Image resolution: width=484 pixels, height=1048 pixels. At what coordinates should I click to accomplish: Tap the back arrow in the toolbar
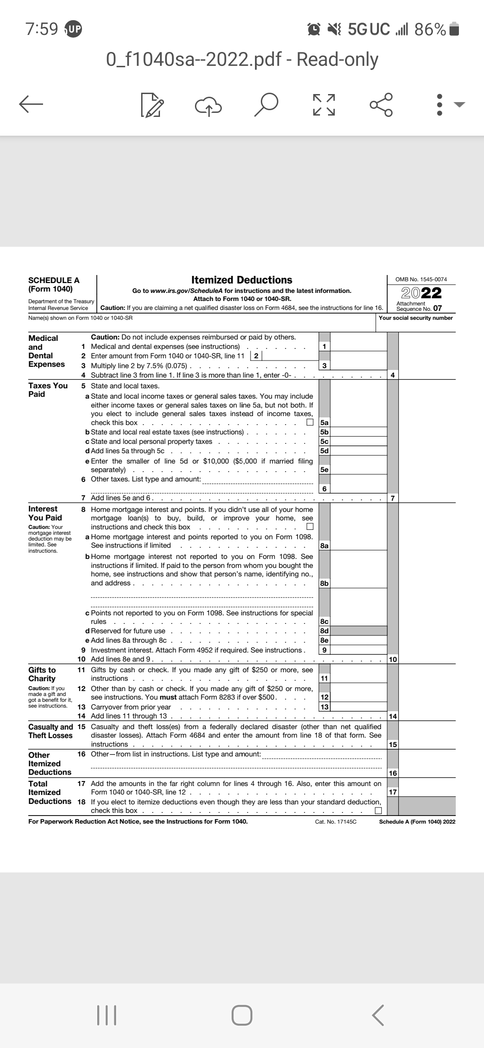[31, 104]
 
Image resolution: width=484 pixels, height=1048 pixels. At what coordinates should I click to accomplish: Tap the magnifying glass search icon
[265, 104]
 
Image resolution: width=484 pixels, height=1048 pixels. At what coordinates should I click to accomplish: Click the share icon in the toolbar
[381, 104]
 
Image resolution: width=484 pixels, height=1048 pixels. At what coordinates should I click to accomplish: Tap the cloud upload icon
[208, 104]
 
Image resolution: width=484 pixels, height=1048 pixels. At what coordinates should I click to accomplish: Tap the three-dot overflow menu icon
[440, 104]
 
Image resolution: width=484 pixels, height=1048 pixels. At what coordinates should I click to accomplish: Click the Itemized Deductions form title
[242, 280]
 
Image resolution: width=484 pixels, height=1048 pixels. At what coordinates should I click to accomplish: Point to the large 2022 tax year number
[421, 293]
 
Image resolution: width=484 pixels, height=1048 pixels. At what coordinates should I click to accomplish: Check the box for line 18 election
[378, 811]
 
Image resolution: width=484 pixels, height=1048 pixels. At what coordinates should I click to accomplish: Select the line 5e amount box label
[324, 470]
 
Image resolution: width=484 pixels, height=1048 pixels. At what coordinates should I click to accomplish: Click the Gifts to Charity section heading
[42, 674]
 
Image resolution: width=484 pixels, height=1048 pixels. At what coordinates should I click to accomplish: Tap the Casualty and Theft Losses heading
[50, 731]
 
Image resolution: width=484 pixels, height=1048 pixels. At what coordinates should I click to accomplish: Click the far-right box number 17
[393, 792]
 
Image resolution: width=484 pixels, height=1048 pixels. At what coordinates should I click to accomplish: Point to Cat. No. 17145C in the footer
[336, 822]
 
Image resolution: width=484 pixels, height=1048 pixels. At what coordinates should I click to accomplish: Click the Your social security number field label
[416, 318]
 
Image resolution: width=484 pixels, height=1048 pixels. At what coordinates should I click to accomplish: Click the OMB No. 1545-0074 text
[421, 279]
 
